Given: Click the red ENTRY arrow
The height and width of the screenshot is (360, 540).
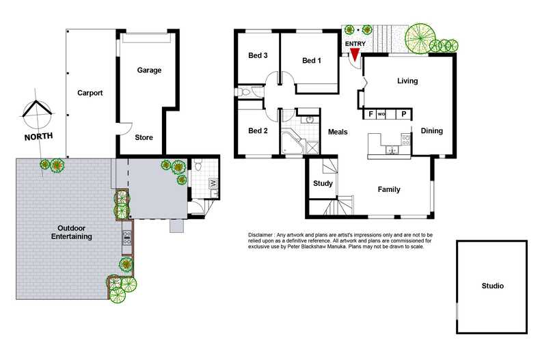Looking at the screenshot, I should coord(354,54).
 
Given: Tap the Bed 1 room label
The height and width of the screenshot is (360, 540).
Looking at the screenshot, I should coord(312,61).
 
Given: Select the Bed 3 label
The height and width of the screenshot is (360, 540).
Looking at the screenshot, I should coord(258,56).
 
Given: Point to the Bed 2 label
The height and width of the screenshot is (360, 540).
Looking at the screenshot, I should coord(257,131).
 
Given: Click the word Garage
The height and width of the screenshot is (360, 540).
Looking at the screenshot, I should coord(149,70).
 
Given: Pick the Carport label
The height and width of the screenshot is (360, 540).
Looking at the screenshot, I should coord(90,93).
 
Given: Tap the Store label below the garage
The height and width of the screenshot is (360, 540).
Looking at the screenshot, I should coord(144,137).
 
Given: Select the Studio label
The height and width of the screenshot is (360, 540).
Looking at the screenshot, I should coord(491,286).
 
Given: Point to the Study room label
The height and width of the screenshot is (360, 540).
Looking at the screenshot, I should coord(323,184).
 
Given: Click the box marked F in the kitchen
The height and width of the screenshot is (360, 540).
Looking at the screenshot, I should coord(371,114).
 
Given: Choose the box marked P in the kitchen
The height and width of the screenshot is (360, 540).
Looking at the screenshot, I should coord(404,114).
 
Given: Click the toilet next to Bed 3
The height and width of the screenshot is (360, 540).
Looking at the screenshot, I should coord(245,92).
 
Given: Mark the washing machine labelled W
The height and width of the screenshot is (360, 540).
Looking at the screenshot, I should coord(213,183).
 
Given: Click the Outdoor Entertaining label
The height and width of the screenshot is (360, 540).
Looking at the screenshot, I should coord(72,232).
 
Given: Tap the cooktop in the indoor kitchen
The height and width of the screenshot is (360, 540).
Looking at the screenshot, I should coord(406,140).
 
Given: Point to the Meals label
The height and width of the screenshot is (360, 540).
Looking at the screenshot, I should coord(338,132).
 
